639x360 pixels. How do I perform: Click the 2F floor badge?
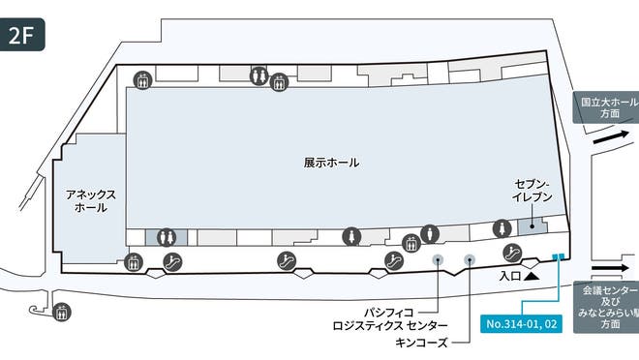click(x=21, y=37)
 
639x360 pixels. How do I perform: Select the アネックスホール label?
click(x=90, y=200)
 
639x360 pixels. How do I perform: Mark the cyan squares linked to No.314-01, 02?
click(x=557, y=257)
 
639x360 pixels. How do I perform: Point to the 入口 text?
click(x=510, y=276)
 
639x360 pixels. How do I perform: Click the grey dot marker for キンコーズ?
click(x=470, y=259)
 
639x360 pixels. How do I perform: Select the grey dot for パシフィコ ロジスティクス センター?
click(x=438, y=259)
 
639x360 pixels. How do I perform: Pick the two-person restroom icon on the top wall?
click(x=259, y=75)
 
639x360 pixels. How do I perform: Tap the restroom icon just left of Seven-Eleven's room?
click(x=502, y=229)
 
